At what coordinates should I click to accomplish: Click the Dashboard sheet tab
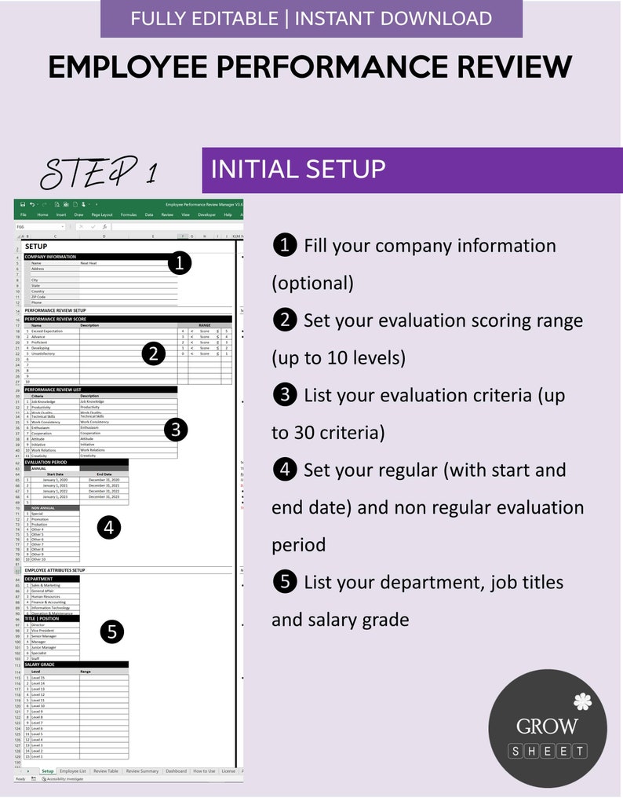point(176,771)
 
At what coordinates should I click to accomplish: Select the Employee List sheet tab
point(73,771)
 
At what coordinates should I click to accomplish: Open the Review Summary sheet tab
point(143,771)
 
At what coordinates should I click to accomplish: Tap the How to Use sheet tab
point(204,771)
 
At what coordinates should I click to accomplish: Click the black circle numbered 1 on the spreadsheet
point(180,263)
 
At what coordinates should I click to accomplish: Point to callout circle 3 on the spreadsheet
point(175,429)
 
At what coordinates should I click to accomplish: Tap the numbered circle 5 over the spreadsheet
point(112,631)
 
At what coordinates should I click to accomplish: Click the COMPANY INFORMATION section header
point(51,257)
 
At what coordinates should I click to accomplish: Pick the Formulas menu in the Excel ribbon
point(128,214)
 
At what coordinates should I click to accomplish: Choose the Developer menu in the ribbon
point(206,214)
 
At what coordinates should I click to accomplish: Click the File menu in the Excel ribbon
point(24,214)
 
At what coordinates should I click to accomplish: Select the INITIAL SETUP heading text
point(297,169)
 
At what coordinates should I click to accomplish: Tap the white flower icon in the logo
point(581,701)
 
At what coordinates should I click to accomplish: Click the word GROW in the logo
point(547,727)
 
